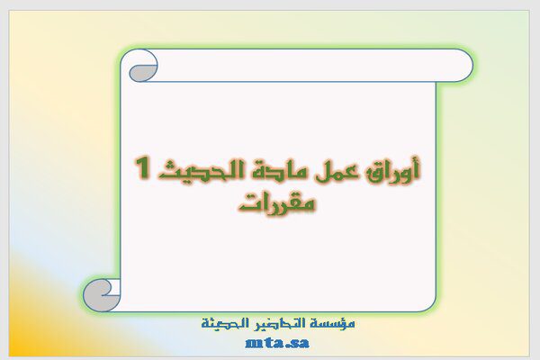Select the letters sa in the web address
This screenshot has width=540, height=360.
tap(299, 344)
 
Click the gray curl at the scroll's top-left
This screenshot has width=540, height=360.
tap(141, 74)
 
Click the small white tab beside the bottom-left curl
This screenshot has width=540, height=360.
tap(114, 288)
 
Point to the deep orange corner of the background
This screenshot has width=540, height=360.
tap(17, 347)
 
